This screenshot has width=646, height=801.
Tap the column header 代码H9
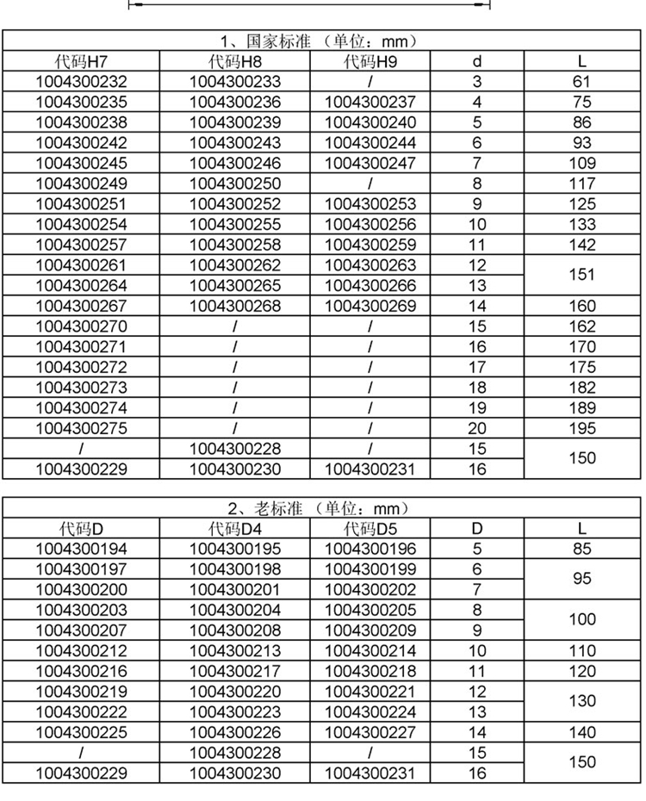(x=370, y=61)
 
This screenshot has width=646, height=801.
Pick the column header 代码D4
(x=234, y=528)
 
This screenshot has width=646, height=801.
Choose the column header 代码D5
(x=370, y=528)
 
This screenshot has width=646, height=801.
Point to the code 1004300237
(x=370, y=102)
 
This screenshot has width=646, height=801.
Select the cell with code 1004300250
(x=234, y=183)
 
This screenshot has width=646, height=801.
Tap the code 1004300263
(x=370, y=265)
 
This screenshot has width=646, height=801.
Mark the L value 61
(x=582, y=82)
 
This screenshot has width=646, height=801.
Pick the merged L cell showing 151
(x=582, y=275)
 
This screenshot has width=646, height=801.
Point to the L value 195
(x=582, y=428)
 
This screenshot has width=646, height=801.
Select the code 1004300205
(x=370, y=610)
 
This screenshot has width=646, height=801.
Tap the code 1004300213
(x=234, y=650)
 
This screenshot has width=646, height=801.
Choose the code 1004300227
(x=370, y=732)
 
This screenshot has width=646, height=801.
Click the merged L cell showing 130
(x=582, y=701)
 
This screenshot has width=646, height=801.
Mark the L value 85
(x=582, y=549)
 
